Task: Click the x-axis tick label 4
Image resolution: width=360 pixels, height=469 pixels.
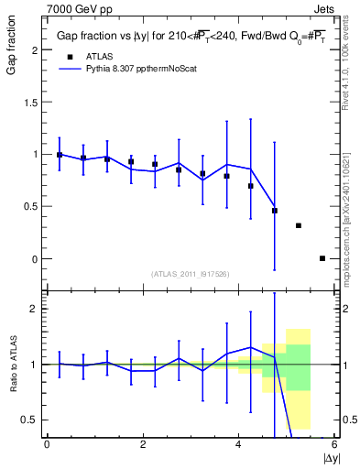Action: pos(238,445)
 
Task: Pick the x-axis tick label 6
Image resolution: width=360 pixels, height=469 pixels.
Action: pos(334,445)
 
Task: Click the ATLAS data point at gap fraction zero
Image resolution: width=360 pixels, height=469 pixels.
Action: pos(322,258)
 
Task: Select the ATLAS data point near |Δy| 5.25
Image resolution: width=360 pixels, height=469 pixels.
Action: pos(299,225)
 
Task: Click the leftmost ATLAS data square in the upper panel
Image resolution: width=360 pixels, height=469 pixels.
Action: pos(60,155)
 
